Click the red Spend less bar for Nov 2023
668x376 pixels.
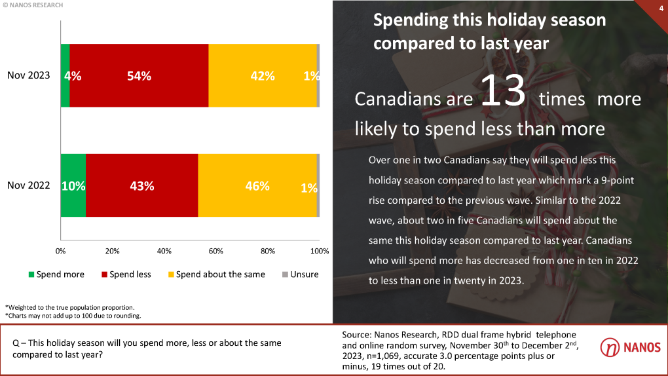coord(139,75)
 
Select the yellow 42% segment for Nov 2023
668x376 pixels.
coord(262,75)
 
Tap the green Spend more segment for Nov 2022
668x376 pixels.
coord(73,185)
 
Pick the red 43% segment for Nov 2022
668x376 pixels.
coord(141,185)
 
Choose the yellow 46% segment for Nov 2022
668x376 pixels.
coord(257,185)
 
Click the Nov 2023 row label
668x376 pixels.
coord(29,75)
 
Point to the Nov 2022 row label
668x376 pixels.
coord(29,185)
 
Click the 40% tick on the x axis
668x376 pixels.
coord(164,251)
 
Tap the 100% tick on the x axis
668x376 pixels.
coord(319,251)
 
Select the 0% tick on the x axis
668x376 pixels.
coord(60,251)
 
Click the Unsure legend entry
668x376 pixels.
coord(300,274)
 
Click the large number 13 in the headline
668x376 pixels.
coord(504,92)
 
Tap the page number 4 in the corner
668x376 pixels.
coord(660,7)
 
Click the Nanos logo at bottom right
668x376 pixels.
coord(630,347)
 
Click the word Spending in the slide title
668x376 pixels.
coord(411,20)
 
